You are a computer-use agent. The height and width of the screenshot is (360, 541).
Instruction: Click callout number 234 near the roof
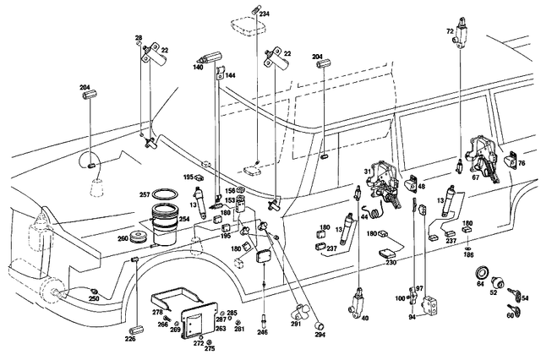click(265, 14)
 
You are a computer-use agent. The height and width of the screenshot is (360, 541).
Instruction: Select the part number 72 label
click(451, 30)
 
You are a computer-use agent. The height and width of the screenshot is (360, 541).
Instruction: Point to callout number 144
click(231, 75)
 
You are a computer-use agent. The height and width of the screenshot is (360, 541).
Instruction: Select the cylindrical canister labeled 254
click(165, 226)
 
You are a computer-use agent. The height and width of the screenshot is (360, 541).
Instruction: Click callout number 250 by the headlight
click(94, 300)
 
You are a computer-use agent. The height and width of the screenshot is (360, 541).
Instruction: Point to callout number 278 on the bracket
click(157, 313)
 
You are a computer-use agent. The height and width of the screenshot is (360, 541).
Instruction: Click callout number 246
click(263, 332)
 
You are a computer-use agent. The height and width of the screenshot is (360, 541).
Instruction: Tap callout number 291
click(296, 323)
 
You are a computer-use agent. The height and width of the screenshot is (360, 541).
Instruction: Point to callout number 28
click(138, 39)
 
